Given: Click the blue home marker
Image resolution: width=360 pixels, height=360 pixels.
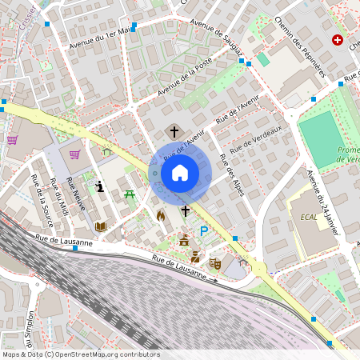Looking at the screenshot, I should [180, 173].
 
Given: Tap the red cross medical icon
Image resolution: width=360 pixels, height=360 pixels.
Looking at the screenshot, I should [337, 40].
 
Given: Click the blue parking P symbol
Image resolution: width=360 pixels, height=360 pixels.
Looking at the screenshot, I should [204, 231].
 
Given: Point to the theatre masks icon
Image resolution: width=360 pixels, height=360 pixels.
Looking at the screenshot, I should [214, 262].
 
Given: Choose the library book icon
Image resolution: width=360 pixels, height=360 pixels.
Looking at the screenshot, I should [101, 227].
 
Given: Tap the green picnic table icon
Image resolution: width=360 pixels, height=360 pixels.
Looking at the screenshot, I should [129, 194].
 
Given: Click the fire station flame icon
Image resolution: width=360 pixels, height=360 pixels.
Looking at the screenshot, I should [161, 215].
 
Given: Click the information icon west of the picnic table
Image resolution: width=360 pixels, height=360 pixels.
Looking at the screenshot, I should [99, 186].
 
